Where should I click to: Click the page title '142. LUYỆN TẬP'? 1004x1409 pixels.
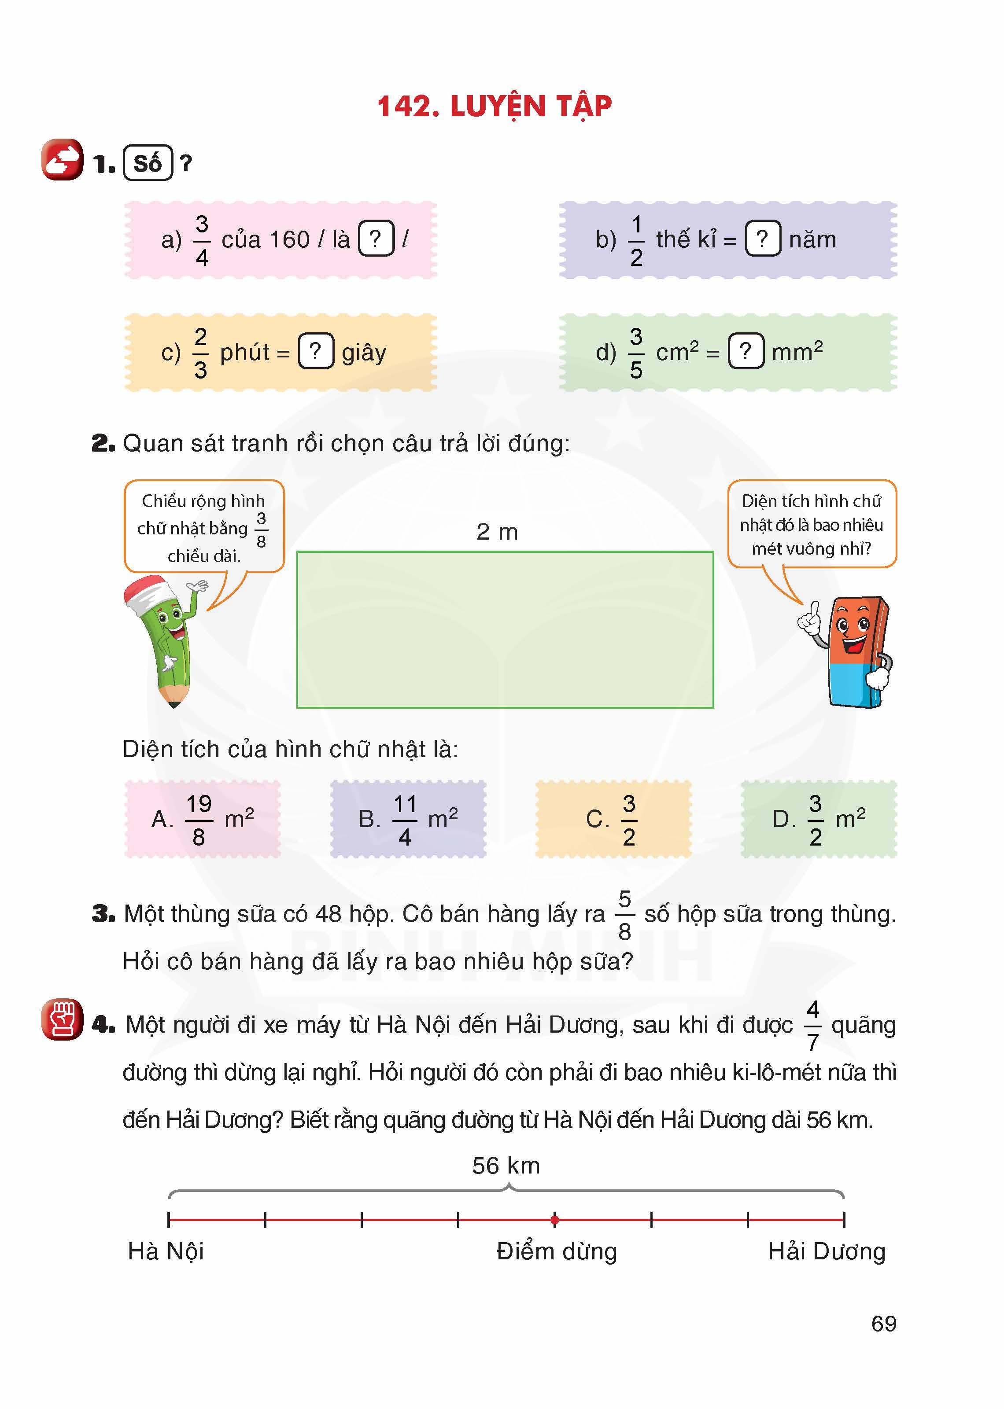click(494, 106)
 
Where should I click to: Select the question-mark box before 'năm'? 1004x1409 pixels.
click(762, 239)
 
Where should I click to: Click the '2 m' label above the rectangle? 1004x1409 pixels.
click(497, 531)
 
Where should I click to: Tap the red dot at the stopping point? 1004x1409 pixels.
click(554, 1220)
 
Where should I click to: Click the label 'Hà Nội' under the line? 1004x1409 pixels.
click(166, 1251)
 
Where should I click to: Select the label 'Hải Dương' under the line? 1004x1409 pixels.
click(827, 1251)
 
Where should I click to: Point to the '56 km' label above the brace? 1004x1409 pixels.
click(506, 1166)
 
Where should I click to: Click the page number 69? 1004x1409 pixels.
click(883, 1324)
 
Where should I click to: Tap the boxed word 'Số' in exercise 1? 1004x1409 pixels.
click(148, 163)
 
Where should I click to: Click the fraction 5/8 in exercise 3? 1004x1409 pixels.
click(624, 915)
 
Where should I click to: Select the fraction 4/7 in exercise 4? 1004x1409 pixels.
click(812, 1026)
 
